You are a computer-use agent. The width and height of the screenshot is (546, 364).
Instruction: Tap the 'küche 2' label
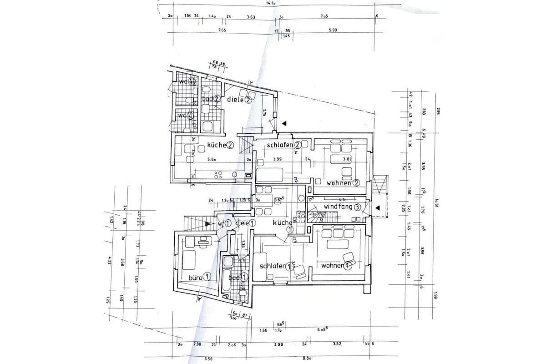point(220,145)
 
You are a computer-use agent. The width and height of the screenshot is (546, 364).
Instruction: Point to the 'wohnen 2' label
point(344,183)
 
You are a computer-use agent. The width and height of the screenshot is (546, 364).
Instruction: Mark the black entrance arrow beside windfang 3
point(378,208)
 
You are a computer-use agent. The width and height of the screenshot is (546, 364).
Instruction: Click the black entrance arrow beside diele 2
point(284,123)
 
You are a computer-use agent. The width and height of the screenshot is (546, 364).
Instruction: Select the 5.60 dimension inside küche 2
point(212,160)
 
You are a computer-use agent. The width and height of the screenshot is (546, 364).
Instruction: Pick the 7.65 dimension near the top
point(222,30)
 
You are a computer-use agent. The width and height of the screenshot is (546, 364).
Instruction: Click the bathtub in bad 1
point(226,275)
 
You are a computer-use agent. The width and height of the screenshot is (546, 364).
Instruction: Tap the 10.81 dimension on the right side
point(435,200)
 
